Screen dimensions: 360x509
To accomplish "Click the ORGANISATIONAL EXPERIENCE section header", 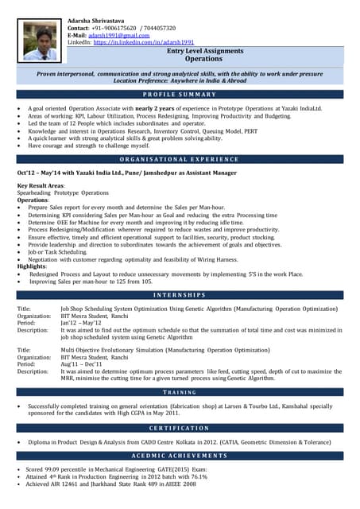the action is pyautogui.click(x=180, y=159).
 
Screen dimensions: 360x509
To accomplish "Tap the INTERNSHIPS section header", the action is pyautogui.click(x=180, y=295).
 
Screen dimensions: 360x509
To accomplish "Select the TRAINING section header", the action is pyautogui.click(x=180, y=392).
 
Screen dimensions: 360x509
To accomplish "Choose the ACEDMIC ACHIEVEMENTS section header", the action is pyautogui.click(x=180, y=456).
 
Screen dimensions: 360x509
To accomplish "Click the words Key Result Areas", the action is pyautogui.click(x=41, y=185).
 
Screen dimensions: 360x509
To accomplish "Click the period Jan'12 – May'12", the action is pyautogui.click(x=81, y=323).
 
